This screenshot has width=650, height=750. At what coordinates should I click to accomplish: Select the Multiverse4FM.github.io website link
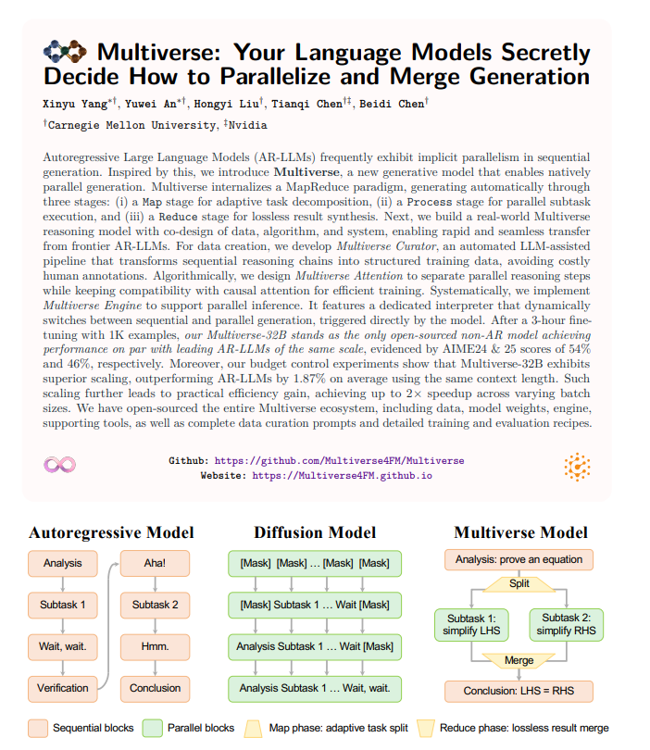343,475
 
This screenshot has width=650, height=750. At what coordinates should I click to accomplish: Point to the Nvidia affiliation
249,124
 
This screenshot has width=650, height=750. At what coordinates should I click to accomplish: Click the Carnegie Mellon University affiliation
131,124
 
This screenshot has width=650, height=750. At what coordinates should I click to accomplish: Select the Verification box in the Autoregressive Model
63,688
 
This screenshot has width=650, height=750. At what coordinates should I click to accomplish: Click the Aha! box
155,562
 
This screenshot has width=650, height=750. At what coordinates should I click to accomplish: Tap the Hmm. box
155,646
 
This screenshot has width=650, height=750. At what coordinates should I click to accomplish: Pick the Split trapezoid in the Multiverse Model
519,584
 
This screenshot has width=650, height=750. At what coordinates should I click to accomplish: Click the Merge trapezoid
519,660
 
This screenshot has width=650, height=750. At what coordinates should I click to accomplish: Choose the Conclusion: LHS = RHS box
519,691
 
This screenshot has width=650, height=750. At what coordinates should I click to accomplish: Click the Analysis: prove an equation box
519,559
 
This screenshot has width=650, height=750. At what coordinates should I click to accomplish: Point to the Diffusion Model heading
315,532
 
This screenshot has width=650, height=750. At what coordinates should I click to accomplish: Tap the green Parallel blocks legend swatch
153,728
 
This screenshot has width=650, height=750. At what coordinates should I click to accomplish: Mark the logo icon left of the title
66,52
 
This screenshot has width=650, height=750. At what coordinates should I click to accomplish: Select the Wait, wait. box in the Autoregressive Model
63,646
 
